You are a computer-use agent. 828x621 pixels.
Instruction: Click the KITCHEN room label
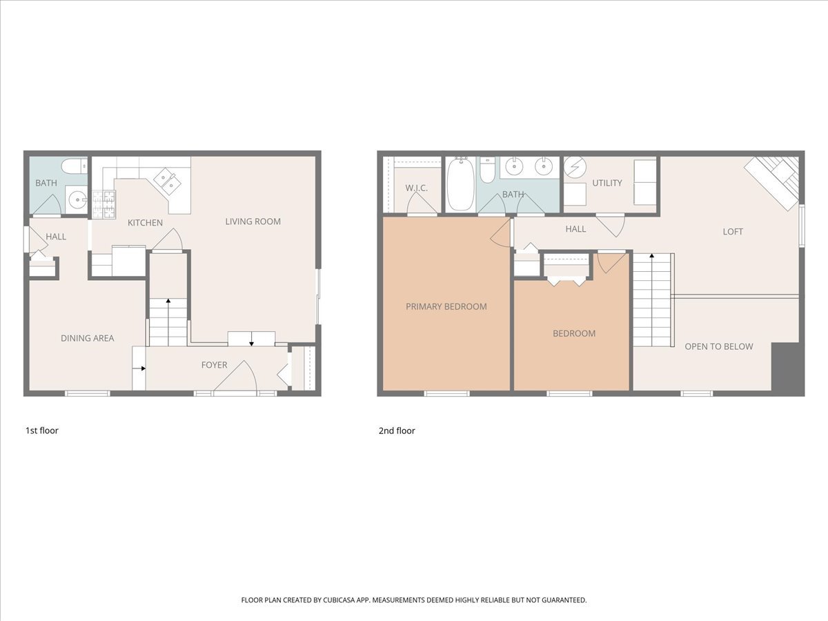(145, 223)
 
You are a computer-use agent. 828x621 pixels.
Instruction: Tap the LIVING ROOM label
(253, 221)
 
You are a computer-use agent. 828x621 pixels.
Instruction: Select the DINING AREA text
(88, 338)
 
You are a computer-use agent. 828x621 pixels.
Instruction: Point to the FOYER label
(215, 365)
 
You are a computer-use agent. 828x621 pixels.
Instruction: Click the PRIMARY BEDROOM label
(446, 306)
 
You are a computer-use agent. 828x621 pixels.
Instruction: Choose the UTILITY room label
(607, 183)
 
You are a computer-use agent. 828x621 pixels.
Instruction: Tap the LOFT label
(733, 232)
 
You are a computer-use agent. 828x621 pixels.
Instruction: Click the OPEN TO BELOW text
(719, 346)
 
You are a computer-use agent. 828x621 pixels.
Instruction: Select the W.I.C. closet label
(417, 188)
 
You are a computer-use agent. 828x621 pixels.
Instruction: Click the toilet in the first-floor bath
(75, 166)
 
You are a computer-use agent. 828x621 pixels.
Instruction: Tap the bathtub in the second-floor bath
(461, 184)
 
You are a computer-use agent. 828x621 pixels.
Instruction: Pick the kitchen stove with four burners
(104, 204)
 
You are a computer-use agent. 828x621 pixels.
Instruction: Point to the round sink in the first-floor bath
(77, 197)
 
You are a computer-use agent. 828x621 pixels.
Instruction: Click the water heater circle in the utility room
(575, 166)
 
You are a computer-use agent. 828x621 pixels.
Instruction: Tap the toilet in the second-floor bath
(488, 170)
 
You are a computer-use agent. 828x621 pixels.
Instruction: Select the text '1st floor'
(42, 431)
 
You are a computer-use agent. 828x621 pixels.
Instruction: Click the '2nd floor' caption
(397, 431)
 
